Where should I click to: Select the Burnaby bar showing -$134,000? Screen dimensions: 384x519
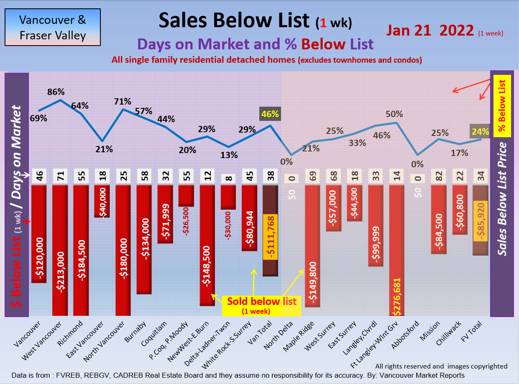[144, 238]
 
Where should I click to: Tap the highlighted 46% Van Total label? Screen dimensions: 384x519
[270, 113]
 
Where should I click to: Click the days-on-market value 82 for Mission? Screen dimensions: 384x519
[439, 177]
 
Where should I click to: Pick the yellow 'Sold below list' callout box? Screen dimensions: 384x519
[261, 304]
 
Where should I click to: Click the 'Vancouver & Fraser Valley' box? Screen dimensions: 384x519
[53, 27]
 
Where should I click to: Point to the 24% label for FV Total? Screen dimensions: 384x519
[480, 131]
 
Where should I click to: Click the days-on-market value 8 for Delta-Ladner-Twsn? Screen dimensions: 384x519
[228, 177]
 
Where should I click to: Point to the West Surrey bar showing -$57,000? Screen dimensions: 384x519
[333, 208]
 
